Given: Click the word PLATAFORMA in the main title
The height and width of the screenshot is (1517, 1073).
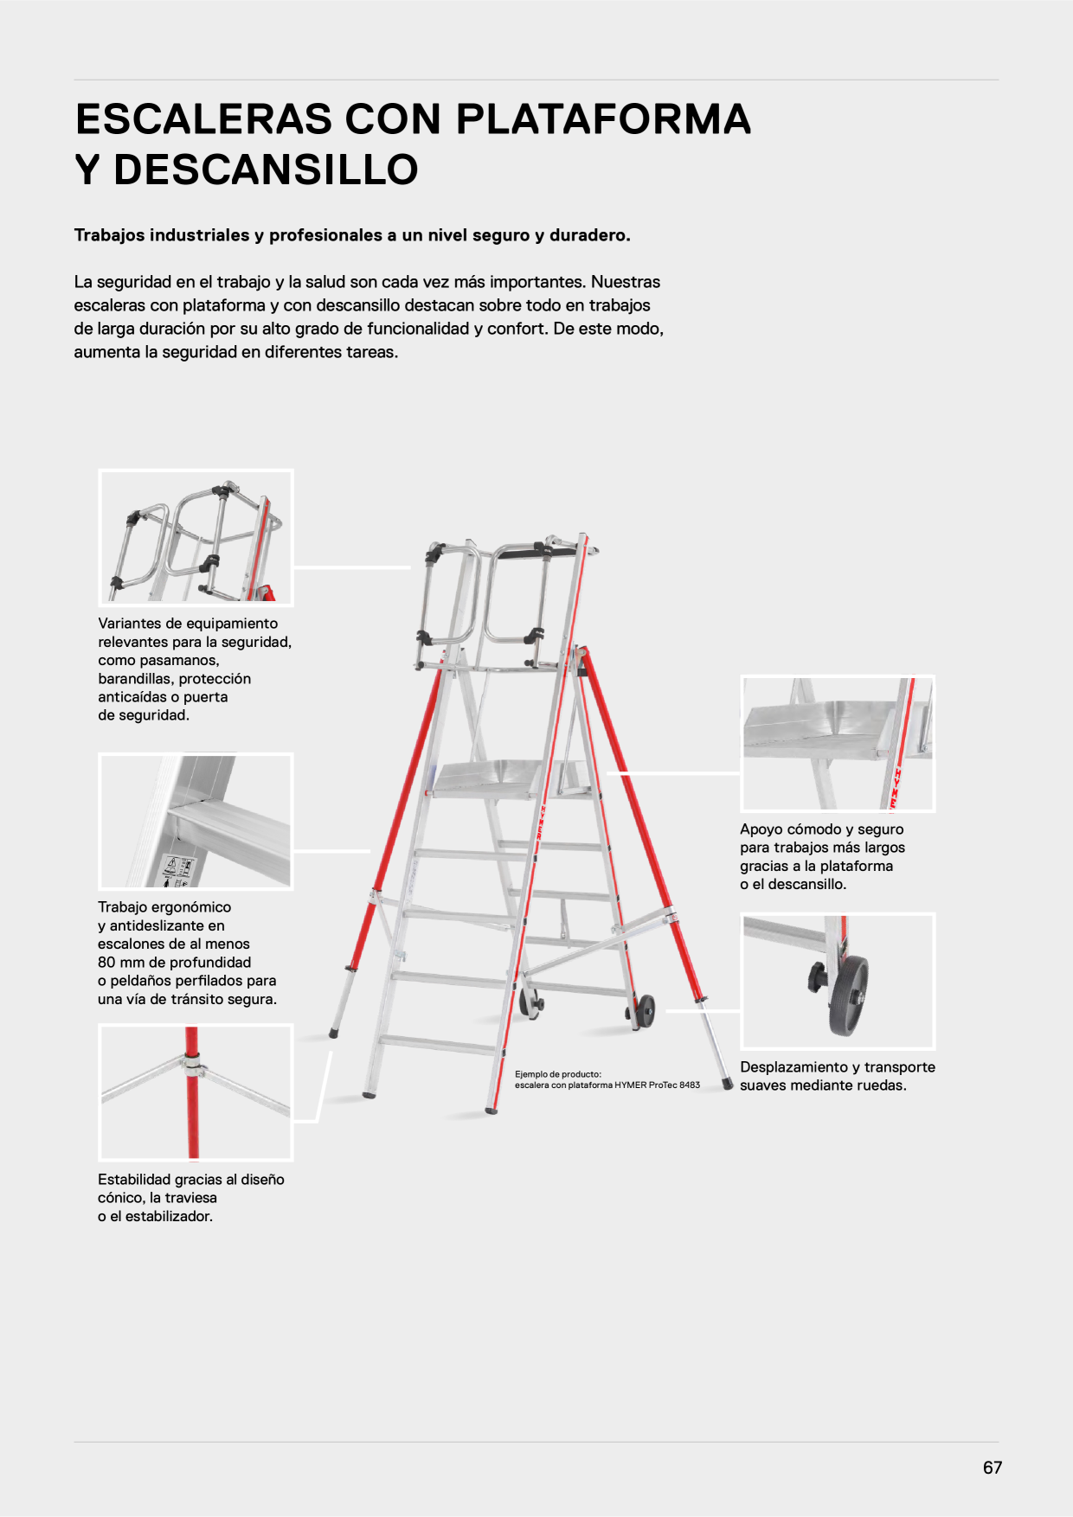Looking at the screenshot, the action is (x=603, y=118).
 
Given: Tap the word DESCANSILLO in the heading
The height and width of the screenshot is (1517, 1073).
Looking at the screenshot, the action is (x=266, y=170).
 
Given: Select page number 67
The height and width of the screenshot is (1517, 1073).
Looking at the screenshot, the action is (x=993, y=1468).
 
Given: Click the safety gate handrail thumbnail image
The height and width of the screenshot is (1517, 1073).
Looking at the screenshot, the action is (x=196, y=537).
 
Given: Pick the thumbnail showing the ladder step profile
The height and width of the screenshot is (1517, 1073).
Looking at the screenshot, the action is (x=196, y=821).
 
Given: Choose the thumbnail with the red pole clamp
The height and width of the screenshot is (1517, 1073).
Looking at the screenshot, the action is (x=196, y=1092).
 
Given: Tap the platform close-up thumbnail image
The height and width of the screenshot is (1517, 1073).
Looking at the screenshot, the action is (x=838, y=744).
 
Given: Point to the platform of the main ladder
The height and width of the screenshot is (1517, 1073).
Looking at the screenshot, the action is (x=511, y=778).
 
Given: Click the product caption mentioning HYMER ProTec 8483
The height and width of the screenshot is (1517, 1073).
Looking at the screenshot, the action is (x=607, y=1079).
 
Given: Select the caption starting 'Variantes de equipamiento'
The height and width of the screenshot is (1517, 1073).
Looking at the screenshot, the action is (x=195, y=669).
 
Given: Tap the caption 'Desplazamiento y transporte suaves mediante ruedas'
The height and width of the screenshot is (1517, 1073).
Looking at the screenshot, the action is (x=838, y=1076).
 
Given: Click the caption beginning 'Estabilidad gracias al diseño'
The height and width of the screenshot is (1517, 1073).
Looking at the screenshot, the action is (x=191, y=1198).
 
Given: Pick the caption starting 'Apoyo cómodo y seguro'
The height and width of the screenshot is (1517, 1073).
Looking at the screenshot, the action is (x=822, y=856).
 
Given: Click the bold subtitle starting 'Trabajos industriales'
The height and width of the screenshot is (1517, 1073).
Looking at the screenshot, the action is (x=352, y=235).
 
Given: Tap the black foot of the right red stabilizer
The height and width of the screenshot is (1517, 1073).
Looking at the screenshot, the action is (x=729, y=1084).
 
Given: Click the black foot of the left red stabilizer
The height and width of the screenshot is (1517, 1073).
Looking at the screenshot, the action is (x=334, y=1033).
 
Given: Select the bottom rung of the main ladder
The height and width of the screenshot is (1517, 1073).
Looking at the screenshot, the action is (x=439, y=1044).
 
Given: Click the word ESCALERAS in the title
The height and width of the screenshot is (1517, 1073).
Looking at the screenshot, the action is (x=204, y=118).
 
